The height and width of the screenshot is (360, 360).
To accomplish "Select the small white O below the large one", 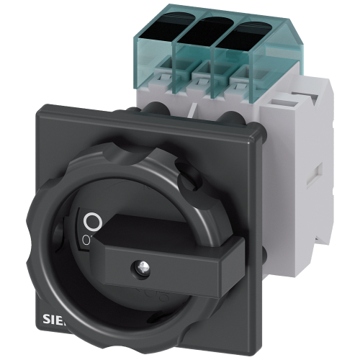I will click(x=87, y=238).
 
